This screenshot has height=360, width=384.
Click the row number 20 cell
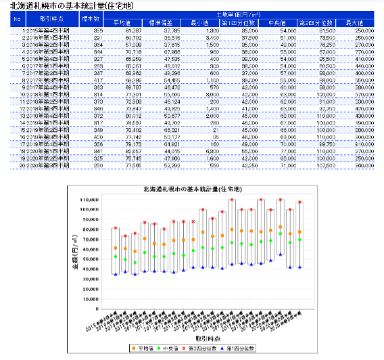click(x=19, y=165)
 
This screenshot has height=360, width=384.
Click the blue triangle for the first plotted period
click(x=116, y=274)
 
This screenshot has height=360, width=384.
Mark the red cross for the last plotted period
click(x=300, y=202)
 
